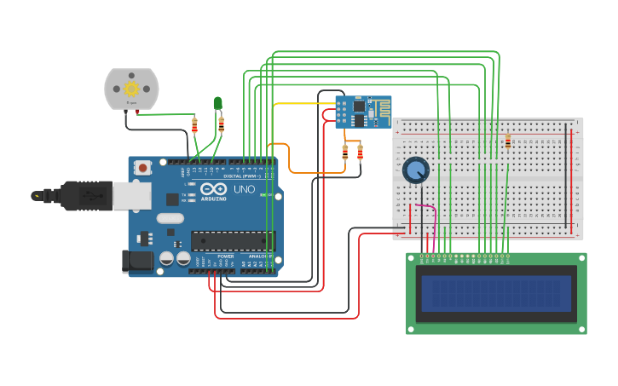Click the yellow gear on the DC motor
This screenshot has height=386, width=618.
coord(131,89)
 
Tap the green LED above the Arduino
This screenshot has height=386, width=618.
coord(217,103)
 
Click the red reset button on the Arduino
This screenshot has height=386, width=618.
coord(143,168)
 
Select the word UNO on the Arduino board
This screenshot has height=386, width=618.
coord(244,189)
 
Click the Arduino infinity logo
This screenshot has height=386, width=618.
coord(214,188)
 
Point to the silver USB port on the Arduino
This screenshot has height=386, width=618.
coord(132,196)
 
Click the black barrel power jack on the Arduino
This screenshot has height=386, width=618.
coord(138,261)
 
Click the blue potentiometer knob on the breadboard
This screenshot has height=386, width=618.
coord(416,170)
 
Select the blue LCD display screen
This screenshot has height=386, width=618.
coord(496,293)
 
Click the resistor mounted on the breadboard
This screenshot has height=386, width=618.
coord(509,141)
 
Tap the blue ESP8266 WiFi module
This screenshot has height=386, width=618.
coord(362,112)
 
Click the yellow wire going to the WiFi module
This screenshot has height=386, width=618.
coord(303,104)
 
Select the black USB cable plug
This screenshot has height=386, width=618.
coord(85,195)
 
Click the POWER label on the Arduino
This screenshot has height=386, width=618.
coord(225,256)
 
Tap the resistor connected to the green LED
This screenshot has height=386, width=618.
coord(222,124)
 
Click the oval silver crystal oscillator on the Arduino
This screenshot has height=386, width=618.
coord(193,217)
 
